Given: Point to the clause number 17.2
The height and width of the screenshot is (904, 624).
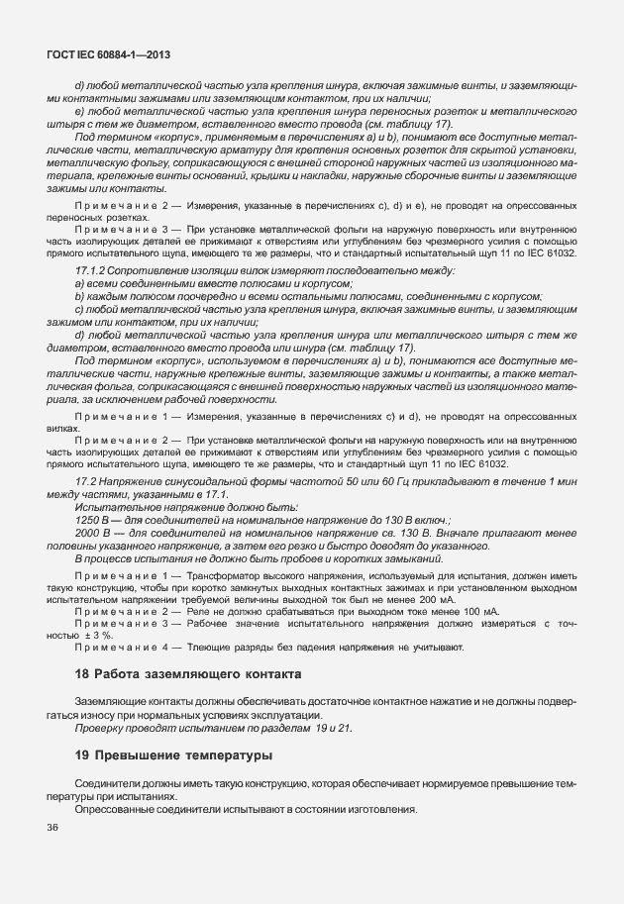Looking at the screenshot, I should [x=87, y=480].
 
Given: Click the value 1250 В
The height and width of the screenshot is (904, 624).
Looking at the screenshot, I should [x=94, y=519].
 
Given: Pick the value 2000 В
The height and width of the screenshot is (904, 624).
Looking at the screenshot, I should [x=94, y=533].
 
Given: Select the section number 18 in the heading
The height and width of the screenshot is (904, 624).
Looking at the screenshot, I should [x=83, y=674].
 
